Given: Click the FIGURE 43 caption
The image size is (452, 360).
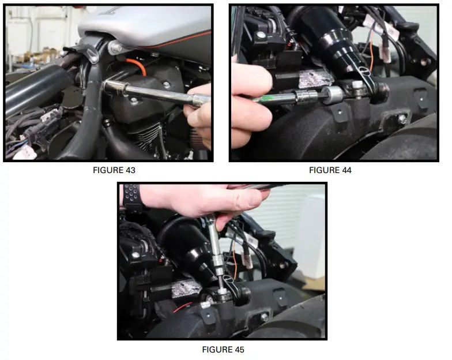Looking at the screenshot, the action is point(114,170).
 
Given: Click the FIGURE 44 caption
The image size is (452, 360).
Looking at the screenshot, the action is point(330,170).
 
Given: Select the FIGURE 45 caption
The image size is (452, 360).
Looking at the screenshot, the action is point(223,350).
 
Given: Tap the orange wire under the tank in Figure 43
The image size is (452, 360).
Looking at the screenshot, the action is point(136,66).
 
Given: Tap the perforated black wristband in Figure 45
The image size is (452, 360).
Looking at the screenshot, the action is point(131,196).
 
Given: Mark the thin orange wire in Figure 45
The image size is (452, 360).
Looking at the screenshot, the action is point(234,263).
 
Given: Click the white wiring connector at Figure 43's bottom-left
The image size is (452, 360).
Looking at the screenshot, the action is point(24,152).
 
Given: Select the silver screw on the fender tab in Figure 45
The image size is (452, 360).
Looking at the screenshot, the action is point(264,317).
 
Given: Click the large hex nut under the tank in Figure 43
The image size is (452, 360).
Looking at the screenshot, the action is point(115,47).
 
